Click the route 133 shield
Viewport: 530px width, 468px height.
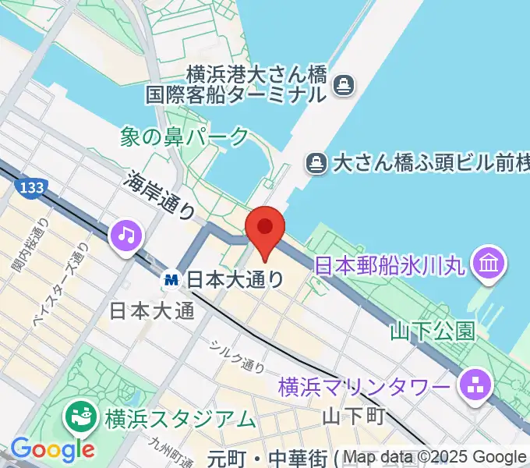click(x=30, y=187)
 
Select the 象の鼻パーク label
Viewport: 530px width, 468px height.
click(x=185, y=137)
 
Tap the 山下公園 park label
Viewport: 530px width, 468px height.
click(x=433, y=331)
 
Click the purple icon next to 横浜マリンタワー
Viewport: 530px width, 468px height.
click(x=472, y=385)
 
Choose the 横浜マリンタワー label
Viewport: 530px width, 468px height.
click(x=364, y=386)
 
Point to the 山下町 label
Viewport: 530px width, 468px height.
click(x=353, y=416)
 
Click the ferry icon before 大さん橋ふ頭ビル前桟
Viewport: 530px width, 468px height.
click(x=316, y=163)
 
